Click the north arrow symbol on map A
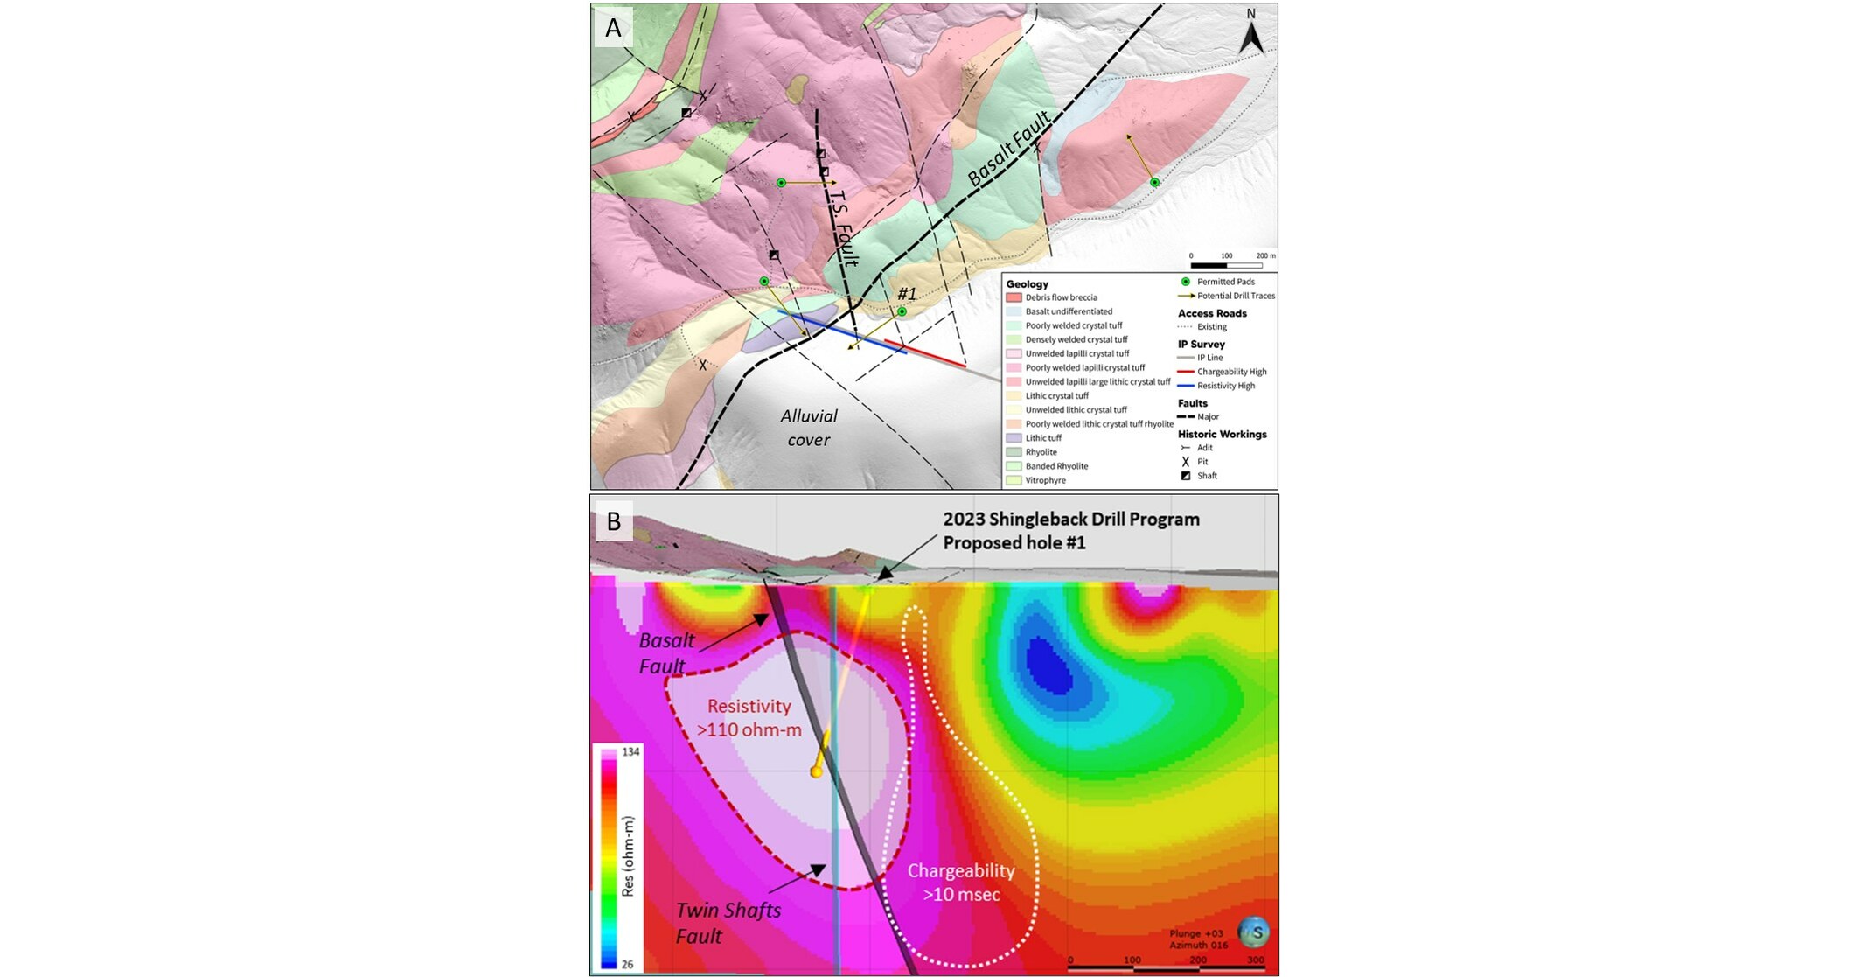coord(1251,35)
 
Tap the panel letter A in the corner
coord(614,28)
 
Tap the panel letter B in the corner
coord(614,521)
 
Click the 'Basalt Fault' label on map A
coord(1008,149)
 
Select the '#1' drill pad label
coord(907,294)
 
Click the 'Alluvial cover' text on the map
coord(809,428)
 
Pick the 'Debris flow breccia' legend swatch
coord(1014,297)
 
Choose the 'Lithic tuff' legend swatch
coord(1014,438)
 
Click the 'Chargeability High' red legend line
coord(1186,372)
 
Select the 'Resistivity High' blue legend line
coord(1186,386)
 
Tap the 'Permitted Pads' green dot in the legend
coord(1186,282)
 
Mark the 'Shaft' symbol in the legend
coord(1186,476)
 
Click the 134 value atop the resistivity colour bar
coord(630,752)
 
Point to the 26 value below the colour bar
coord(627,964)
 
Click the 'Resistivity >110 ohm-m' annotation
coord(749,717)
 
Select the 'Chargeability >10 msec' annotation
coord(960,882)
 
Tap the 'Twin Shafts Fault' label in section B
coord(728,923)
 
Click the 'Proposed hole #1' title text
coord(1014,542)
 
